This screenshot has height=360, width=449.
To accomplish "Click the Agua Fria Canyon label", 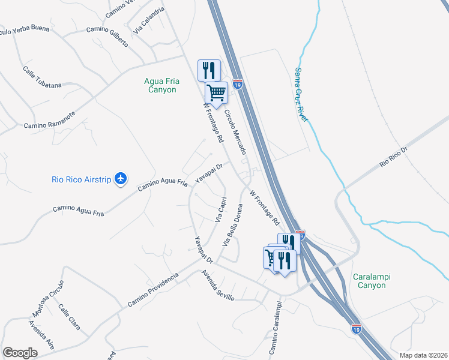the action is coord(160,85).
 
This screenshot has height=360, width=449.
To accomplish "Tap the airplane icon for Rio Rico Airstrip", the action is coord(121,178).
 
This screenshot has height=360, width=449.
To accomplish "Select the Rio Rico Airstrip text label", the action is coord(82,179).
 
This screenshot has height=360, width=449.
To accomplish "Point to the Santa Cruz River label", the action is coord(301,95).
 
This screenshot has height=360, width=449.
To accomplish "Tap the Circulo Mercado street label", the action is coord(235,133).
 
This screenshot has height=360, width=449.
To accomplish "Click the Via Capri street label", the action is coord(220,210).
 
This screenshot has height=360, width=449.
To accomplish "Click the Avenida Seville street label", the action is coord(217,284).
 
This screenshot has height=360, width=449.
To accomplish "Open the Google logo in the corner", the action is coord(20,353).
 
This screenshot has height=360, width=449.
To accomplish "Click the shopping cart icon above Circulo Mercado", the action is coord(216,93).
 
